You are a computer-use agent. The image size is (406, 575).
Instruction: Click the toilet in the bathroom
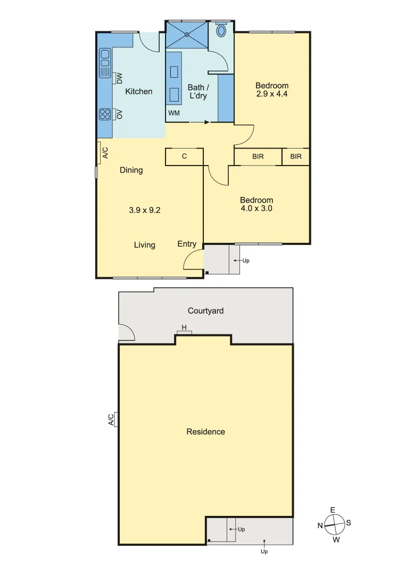click(x=221, y=30)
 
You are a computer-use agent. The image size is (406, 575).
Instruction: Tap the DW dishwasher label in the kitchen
click(x=119, y=78)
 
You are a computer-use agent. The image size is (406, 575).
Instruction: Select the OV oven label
click(x=119, y=114)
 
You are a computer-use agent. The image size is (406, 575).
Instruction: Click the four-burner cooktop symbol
click(x=105, y=114)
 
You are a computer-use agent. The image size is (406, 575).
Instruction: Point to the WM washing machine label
click(x=174, y=113)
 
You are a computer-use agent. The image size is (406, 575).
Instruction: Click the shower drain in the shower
click(x=187, y=35)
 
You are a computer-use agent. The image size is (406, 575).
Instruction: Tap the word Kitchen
click(x=138, y=92)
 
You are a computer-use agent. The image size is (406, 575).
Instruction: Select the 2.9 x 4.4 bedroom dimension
click(x=272, y=94)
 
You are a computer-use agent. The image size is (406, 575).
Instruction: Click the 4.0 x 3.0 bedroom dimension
click(x=256, y=209)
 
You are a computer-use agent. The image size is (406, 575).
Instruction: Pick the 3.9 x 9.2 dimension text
click(x=145, y=210)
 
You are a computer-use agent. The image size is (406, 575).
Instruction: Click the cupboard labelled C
click(x=184, y=157)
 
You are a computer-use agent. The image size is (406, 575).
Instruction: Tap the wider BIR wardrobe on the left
click(x=258, y=157)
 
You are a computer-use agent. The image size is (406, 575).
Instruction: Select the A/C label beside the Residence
click(x=111, y=420)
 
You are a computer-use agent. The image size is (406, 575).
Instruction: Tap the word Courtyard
click(x=205, y=310)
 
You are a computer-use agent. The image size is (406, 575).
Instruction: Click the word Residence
click(x=205, y=432)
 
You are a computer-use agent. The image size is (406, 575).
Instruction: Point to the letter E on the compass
click(x=333, y=510)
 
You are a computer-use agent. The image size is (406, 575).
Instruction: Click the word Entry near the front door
click(x=187, y=244)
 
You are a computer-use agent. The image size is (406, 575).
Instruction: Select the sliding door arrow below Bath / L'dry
click(x=200, y=122)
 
